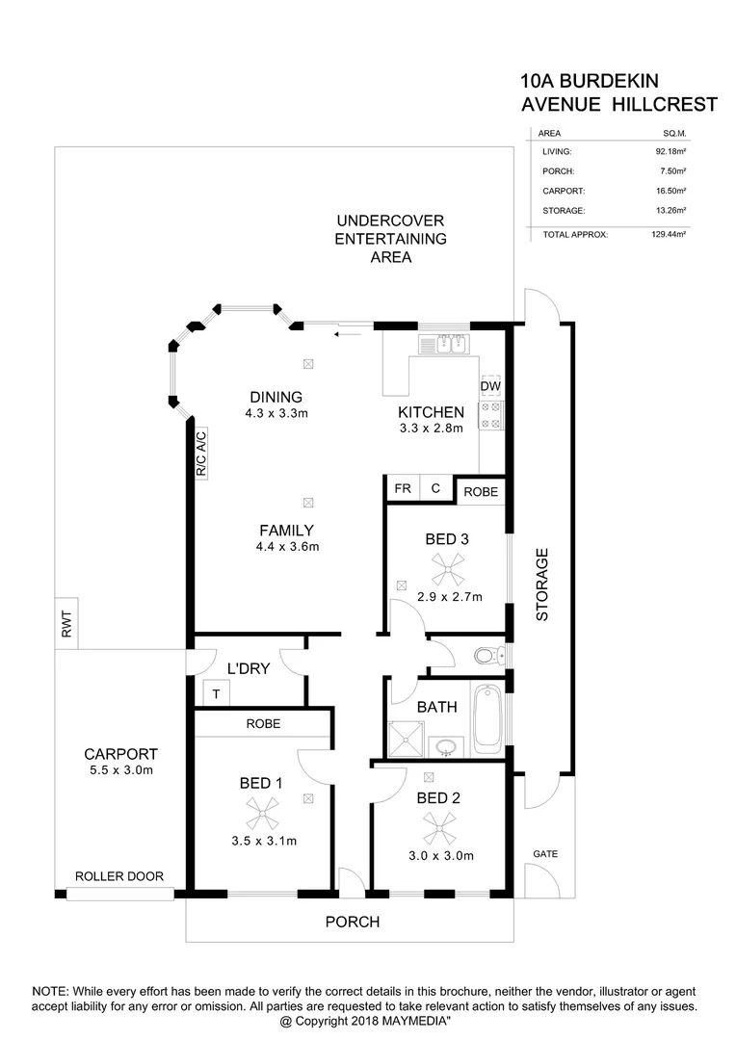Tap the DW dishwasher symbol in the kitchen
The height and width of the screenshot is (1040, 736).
(x=490, y=385)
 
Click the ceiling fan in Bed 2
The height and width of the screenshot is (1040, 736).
(x=439, y=827)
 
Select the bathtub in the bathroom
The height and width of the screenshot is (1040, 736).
(x=486, y=718)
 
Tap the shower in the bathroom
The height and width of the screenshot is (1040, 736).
(x=407, y=738)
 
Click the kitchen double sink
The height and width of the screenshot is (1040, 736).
(x=442, y=344)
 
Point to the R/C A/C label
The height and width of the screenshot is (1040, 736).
(x=201, y=454)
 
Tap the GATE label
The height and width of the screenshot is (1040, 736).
(x=545, y=854)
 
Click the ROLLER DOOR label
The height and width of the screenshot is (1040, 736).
(x=119, y=877)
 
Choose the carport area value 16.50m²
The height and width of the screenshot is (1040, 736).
(x=669, y=191)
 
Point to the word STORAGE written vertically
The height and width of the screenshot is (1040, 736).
(x=542, y=584)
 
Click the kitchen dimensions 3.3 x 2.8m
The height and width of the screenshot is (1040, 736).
(x=432, y=429)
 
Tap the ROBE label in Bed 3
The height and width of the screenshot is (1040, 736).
(x=481, y=492)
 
